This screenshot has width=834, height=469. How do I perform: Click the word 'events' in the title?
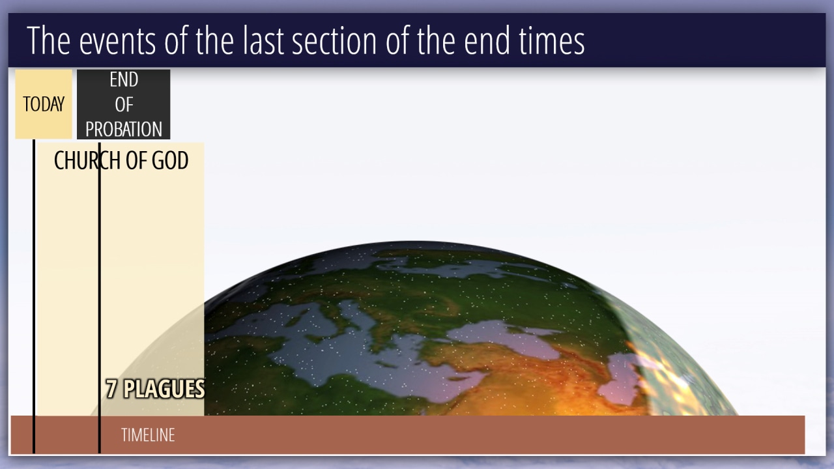[x=117, y=42]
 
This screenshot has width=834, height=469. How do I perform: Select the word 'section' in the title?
[x=334, y=40]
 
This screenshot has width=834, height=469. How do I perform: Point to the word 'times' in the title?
[x=551, y=40]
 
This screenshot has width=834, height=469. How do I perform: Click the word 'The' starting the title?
[x=48, y=40]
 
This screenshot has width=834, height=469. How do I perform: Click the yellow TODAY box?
[x=44, y=104]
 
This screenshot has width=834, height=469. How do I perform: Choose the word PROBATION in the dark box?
[x=124, y=129]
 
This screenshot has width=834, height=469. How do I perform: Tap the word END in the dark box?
[x=124, y=79]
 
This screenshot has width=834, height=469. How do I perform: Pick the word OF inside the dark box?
[x=124, y=105]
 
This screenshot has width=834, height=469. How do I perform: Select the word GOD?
[x=170, y=161]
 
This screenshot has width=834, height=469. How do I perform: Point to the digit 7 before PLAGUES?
[x=111, y=389]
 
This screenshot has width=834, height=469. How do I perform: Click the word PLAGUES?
[x=164, y=389]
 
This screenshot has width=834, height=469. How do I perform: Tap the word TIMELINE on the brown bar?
[x=148, y=434]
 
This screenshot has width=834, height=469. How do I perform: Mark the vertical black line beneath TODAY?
[x=34, y=296]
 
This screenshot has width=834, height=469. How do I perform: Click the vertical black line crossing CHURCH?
[x=100, y=298]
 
